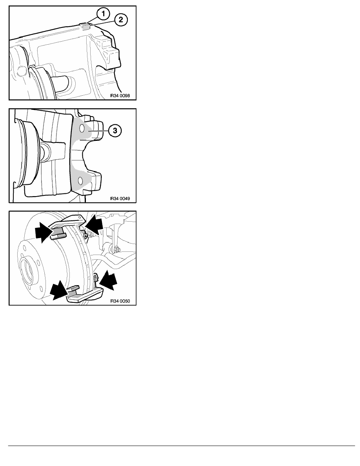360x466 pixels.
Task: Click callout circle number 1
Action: coord(103,14)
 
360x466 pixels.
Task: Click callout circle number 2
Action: coord(121,20)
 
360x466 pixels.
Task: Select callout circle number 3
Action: coord(115,131)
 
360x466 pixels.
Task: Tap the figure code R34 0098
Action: coord(120,96)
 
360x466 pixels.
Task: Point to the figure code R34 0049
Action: coord(120,198)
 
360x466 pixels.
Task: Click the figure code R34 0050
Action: coord(120,301)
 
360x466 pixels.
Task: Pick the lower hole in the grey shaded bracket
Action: coord(80,180)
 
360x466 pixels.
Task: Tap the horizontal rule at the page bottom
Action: coord(182,446)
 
